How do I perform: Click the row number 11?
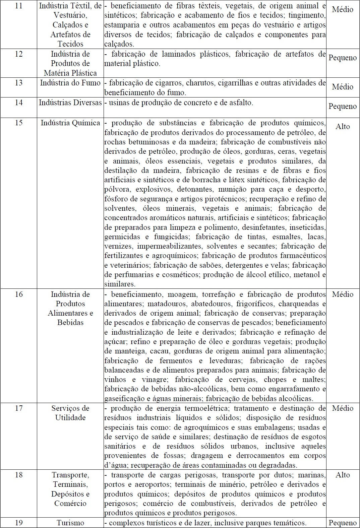[19, 6]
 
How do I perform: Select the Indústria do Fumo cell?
[70, 83]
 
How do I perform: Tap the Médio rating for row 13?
[343, 87]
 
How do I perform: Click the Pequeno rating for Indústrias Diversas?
[343, 106]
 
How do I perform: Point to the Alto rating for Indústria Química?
[343, 127]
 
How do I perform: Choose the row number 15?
[19, 123]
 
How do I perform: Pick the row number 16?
[19, 294]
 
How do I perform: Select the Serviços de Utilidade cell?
[70, 413]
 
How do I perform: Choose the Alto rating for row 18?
[343, 475]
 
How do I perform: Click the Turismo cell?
[70, 523]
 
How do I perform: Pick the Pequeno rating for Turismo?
[343, 523]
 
